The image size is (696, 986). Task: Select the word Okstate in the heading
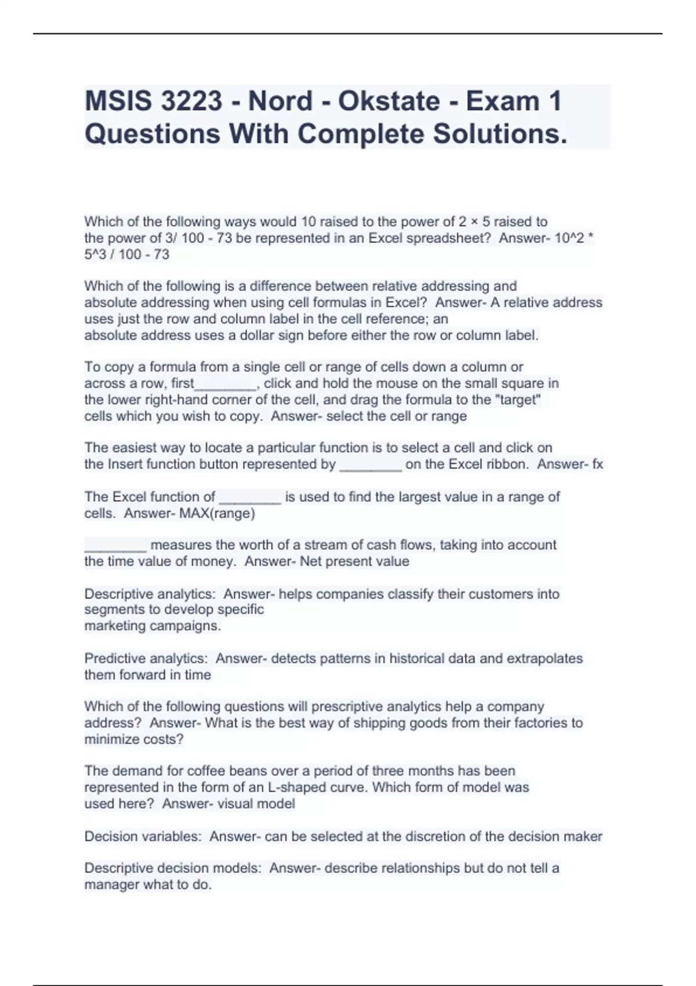[389, 101]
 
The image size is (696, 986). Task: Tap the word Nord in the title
[280, 101]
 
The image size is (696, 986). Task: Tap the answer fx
[596, 465]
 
